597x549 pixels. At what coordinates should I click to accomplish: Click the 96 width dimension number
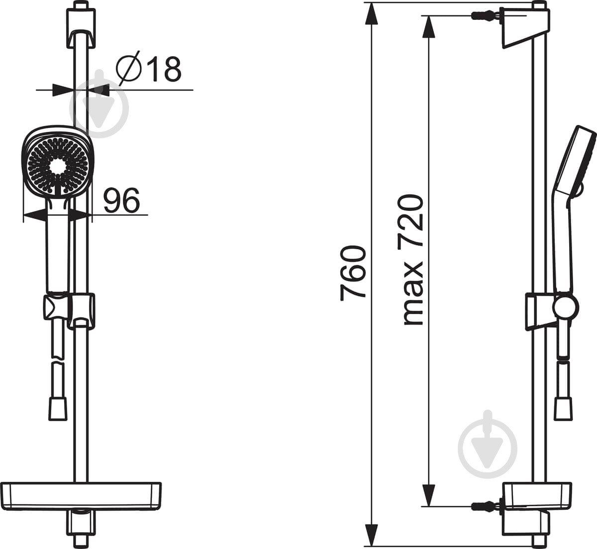(x=121, y=200)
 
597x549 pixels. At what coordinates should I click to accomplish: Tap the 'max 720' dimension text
(x=411, y=260)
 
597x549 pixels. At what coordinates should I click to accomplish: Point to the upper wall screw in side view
(x=485, y=15)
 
